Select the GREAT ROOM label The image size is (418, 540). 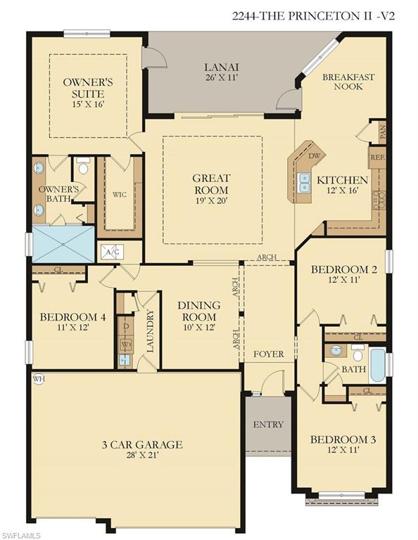coord(210,184)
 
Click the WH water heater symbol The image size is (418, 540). coord(38,378)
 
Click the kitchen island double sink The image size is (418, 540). coord(305,183)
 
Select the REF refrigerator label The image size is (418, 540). coord(377,157)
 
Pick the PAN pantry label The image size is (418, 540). coord(382,131)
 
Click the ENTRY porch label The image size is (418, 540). coord(268,424)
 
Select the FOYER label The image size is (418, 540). coord(268,354)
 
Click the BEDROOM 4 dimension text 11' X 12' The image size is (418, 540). coord(72,327)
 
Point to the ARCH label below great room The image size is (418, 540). coord(267,257)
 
